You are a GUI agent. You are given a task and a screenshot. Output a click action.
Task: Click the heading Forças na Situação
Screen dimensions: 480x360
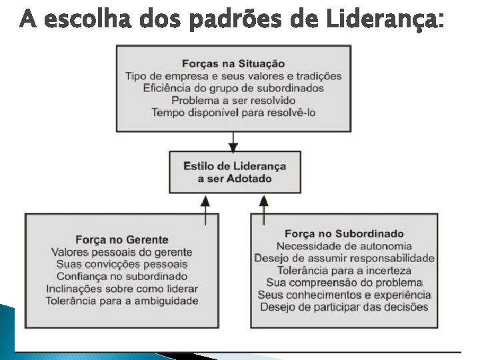(233, 64)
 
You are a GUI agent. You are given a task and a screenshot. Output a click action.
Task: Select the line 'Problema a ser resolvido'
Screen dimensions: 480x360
(233, 101)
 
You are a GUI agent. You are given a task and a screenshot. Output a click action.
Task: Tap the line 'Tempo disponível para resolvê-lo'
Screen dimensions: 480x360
(233, 113)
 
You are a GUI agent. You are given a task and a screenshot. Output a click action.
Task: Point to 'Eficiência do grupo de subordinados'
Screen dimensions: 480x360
(233, 88)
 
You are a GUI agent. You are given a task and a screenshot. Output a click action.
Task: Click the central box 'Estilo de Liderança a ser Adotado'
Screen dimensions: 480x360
(234, 172)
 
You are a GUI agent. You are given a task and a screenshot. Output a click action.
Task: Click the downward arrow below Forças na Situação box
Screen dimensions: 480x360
(233, 141)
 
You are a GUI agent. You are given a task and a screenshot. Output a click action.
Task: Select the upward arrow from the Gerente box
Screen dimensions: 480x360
(206, 209)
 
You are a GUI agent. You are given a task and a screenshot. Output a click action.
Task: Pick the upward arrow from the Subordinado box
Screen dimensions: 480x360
(264, 209)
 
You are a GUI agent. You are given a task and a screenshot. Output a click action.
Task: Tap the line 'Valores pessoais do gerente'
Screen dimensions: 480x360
(122, 252)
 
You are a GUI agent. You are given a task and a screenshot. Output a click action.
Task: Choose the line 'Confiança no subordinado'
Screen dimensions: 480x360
(122, 277)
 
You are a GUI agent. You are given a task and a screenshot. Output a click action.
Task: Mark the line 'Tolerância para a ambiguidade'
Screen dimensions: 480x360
(122, 301)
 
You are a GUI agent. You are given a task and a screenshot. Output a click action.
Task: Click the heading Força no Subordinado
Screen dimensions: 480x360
(344, 233)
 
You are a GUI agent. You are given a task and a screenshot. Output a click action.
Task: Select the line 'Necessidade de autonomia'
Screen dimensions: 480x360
(344, 245)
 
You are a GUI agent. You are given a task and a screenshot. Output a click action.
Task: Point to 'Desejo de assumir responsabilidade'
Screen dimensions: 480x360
(344, 258)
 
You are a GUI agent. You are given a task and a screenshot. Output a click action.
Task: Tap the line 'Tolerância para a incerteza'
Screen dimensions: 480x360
(344, 270)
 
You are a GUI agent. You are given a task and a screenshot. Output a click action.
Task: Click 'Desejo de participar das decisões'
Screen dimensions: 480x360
(344, 307)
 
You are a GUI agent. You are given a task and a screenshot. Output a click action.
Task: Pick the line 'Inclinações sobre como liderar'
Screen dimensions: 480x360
(122, 289)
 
